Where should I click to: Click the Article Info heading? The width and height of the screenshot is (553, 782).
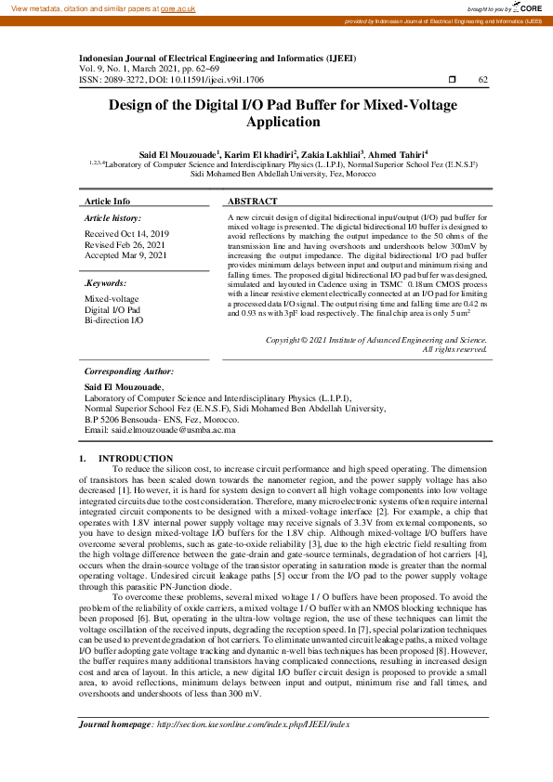tap(107, 202)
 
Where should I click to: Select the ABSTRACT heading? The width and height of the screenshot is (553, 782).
tap(252, 202)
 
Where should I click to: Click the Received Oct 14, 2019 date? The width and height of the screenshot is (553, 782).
tap(126, 234)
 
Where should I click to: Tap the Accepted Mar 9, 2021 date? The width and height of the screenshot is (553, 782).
tap(126, 254)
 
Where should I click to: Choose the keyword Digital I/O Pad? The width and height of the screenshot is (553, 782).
tap(112, 308)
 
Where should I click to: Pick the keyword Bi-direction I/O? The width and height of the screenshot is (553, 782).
tap(114, 319)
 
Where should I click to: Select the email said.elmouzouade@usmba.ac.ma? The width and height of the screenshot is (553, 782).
tap(173, 431)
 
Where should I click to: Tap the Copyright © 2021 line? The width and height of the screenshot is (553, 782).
tap(376, 340)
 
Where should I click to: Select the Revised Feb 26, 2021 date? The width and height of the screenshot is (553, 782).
tap(125, 244)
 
